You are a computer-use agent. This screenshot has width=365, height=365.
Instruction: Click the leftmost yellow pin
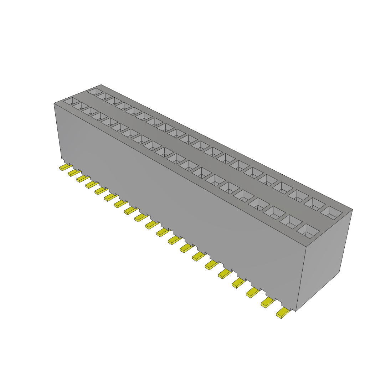(65, 167)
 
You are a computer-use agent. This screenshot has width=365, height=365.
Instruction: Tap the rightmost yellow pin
(283, 313)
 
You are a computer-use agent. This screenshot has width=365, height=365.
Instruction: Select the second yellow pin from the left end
(73, 173)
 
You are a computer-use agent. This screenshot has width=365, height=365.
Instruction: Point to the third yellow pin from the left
(82, 178)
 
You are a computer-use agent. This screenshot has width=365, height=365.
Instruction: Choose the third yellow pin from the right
(253, 293)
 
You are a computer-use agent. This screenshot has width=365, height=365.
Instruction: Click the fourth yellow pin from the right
(238, 283)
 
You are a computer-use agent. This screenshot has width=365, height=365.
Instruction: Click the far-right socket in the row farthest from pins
(331, 213)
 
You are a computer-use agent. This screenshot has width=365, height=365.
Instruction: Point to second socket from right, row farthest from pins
(315, 204)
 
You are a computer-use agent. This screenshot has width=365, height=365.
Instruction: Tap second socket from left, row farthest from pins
(103, 96)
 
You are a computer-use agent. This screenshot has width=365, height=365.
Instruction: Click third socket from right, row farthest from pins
(299, 195)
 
